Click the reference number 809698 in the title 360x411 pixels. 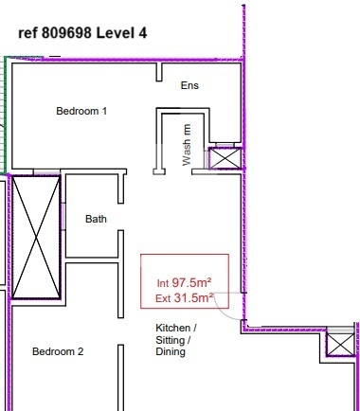(x=66, y=32)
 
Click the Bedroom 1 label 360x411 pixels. (x=81, y=111)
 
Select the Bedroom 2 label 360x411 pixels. (x=58, y=351)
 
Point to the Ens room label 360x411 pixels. (x=189, y=85)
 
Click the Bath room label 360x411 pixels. (x=96, y=219)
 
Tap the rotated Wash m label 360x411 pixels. (x=187, y=145)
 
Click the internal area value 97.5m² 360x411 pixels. (x=191, y=282)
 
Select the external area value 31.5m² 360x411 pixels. (x=193, y=297)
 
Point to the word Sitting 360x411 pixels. (x=172, y=340)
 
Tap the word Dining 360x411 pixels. (x=171, y=351)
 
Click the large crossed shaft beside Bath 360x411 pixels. (x=36, y=238)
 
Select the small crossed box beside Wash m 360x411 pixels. (x=225, y=158)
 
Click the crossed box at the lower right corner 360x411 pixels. (x=340, y=345)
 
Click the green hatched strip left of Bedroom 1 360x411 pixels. (x=3, y=116)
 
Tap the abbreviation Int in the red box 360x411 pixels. (x=163, y=283)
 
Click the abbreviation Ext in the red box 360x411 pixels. (x=163, y=298)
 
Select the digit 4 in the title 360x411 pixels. (x=142, y=32)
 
